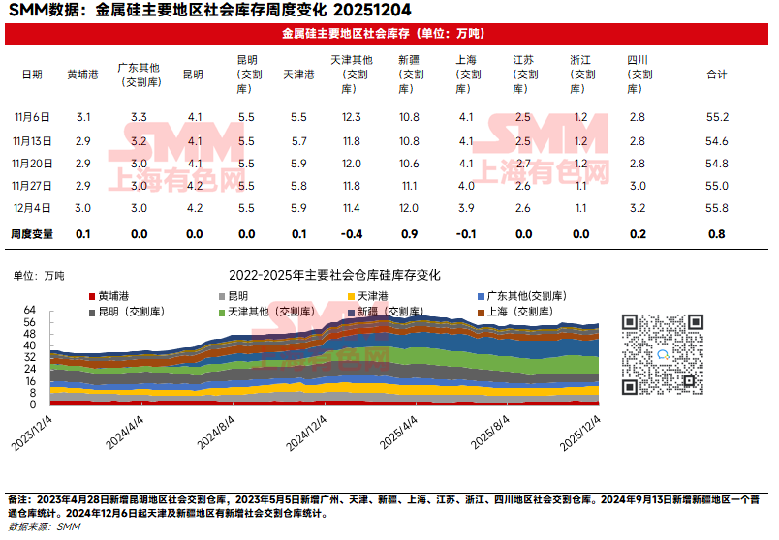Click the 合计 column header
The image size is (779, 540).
click(x=716, y=75)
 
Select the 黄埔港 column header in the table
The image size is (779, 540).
click(x=82, y=75)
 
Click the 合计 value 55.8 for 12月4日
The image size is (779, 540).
click(x=716, y=207)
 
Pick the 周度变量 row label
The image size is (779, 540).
click(x=32, y=233)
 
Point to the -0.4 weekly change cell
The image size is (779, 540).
click(x=352, y=233)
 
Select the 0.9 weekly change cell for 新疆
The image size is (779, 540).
click(x=409, y=233)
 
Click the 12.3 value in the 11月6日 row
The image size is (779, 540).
click(x=352, y=117)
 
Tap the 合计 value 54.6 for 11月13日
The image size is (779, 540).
click(x=716, y=140)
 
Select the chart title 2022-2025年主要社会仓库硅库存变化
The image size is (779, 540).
click(x=334, y=275)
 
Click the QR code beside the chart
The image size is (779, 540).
click(x=660, y=353)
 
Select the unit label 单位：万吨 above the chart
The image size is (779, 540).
click(x=39, y=276)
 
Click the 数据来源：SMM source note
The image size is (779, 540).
click(x=44, y=527)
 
